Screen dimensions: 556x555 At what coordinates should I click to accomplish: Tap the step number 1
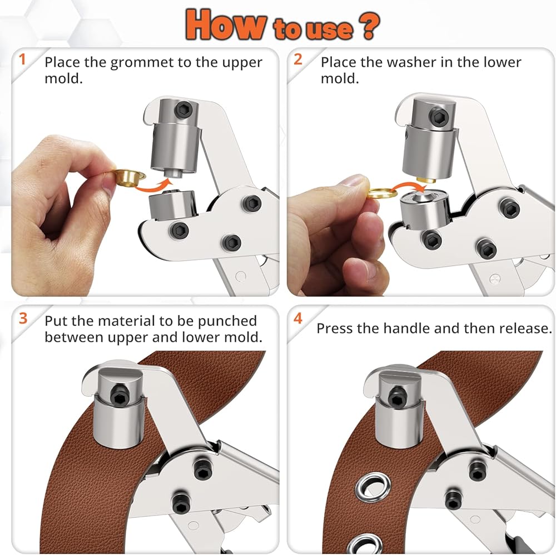point(22,59)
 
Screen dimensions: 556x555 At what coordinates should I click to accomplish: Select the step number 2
point(298,59)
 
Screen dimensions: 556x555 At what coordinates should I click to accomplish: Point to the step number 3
point(23,318)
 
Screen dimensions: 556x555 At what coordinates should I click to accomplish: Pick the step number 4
point(298,318)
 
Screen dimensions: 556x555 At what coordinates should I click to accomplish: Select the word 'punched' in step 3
point(227,322)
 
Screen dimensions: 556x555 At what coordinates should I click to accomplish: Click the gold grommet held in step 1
point(130,177)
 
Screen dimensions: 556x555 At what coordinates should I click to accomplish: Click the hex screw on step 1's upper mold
point(184,110)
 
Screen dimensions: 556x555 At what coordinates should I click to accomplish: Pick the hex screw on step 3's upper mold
point(119,395)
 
